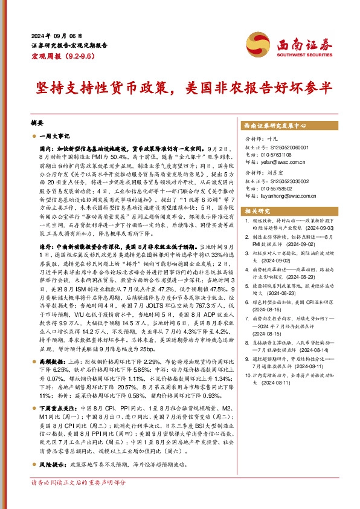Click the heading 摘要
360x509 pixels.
pos(37,122)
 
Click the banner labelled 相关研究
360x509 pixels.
pos(258,211)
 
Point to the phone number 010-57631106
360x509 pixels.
pos(279,154)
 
